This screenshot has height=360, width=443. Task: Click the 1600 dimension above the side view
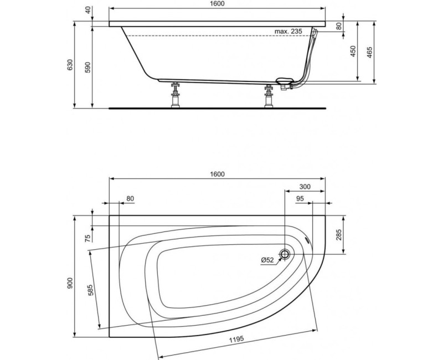(x=217, y=4)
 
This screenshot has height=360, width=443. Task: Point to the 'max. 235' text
(x=288, y=32)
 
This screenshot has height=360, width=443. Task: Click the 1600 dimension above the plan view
(x=217, y=174)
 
